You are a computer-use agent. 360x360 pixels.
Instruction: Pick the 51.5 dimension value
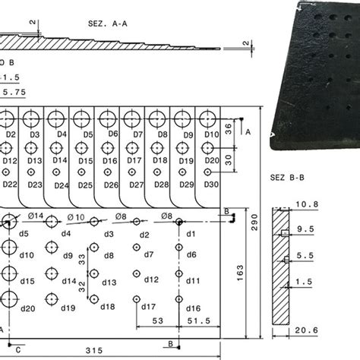tap(198, 322)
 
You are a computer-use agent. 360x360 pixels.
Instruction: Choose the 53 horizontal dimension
tap(158, 322)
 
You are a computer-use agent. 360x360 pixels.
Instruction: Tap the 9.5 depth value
tap(306, 228)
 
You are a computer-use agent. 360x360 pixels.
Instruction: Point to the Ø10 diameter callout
tap(76, 217)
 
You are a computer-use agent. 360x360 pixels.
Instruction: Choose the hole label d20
tap(27, 308)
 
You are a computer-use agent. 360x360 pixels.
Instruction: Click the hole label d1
tap(191, 234)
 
